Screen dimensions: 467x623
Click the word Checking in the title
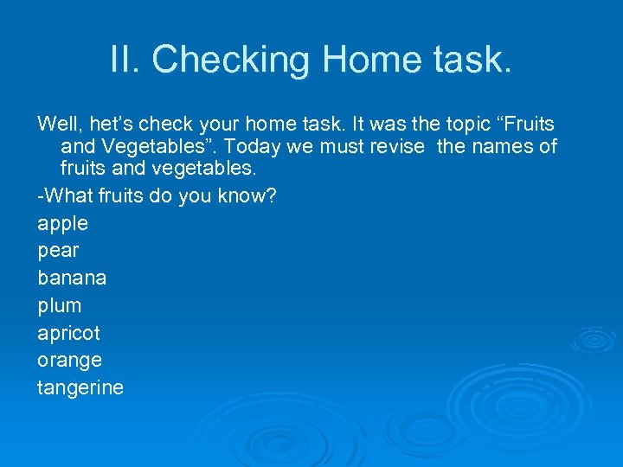(231, 60)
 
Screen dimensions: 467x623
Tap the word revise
(395, 146)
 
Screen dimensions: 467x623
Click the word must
(340, 146)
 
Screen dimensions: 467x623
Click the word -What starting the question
(65, 195)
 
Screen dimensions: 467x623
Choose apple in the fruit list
(63, 224)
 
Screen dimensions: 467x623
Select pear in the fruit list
(58, 251)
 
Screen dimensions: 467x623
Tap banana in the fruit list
(72, 278)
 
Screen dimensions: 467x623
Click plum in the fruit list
(60, 306)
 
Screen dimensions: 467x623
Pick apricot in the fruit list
(68, 334)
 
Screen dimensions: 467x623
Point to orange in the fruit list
(69, 361)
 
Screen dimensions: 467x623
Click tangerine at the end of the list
(80, 388)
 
